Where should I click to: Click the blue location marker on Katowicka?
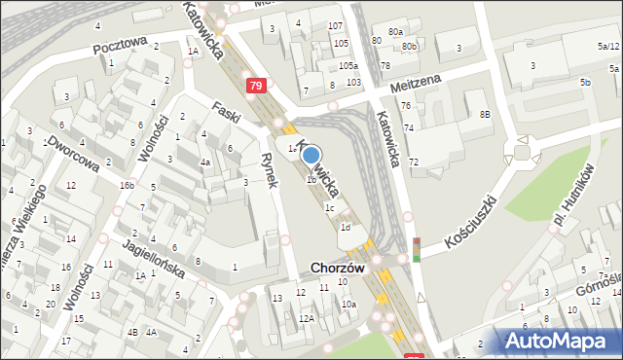pyautogui.click(x=311, y=154)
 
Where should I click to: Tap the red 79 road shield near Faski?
pyautogui.click(x=255, y=87)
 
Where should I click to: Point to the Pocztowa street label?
pyautogui.click(x=120, y=45)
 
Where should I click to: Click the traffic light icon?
pyautogui.click(x=417, y=249)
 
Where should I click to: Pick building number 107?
pyautogui.click(x=336, y=25)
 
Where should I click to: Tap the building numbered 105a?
pyautogui.click(x=348, y=66)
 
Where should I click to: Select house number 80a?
pyautogui.click(x=394, y=32)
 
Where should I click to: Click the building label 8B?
pyautogui.click(x=485, y=115)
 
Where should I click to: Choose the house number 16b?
pyautogui.click(x=127, y=184)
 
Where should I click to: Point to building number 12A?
pyautogui.click(x=306, y=318)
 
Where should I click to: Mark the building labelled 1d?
pyautogui.click(x=345, y=228)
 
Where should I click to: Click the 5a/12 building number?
pyautogui.click(x=608, y=46)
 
